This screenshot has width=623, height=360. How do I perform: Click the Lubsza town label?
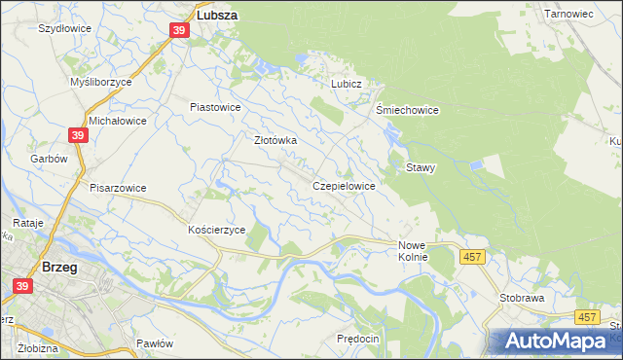click(x=219, y=16)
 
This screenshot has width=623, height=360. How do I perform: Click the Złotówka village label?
click(x=275, y=140)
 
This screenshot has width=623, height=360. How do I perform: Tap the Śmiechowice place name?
click(x=407, y=110)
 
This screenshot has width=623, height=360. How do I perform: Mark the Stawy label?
click(x=421, y=167)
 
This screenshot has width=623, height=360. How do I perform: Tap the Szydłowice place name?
click(x=64, y=28)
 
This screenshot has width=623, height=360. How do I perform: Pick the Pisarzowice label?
click(x=118, y=188)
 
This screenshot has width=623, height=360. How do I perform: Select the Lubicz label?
click(x=346, y=84)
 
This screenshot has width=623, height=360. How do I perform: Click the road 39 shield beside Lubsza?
click(x=179, y=31)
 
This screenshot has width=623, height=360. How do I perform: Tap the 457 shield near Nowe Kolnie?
click(x=472, y=256)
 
